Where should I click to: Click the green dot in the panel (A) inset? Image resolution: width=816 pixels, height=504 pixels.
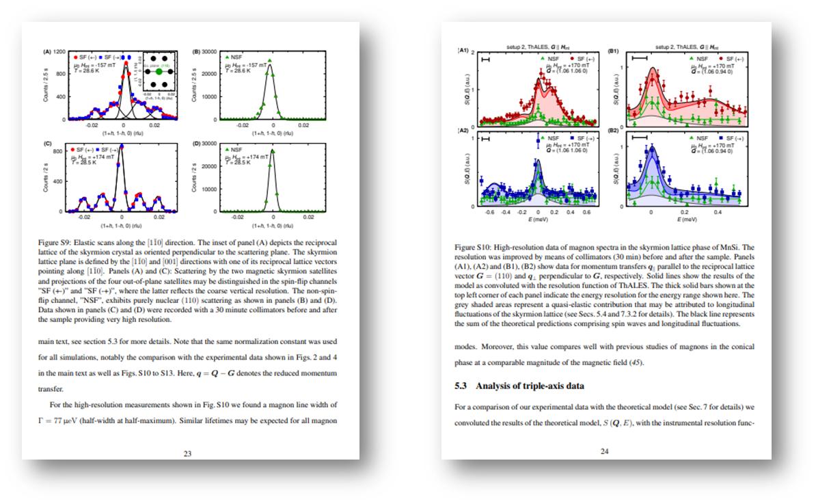159,70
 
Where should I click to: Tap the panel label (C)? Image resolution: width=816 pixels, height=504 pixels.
48,144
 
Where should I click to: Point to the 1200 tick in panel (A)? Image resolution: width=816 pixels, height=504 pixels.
59,51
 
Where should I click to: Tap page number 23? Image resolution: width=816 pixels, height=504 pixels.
187,452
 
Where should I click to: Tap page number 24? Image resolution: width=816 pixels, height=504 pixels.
604,451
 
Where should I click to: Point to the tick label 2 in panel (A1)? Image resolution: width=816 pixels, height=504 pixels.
472,53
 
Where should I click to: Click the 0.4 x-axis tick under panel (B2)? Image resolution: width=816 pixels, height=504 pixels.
718,213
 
